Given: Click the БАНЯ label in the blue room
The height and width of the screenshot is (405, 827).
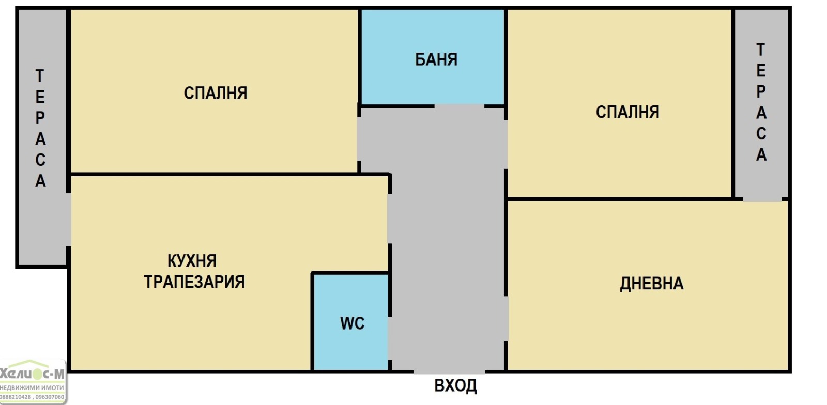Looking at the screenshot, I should click(436, 59).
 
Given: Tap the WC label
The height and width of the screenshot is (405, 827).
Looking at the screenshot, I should click(352, 323).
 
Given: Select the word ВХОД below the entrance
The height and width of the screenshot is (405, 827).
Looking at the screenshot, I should click(455, 386).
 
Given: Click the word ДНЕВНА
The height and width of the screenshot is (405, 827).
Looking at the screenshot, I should click(651, 284).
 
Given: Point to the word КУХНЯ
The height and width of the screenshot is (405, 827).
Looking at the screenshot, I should click(192, 261).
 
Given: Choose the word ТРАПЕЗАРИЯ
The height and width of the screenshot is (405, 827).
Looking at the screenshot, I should click(194, 282).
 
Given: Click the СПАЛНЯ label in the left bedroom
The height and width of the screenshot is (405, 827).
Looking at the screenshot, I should click(216, 93).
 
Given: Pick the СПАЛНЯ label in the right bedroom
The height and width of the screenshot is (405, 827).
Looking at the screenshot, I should click(627, 112).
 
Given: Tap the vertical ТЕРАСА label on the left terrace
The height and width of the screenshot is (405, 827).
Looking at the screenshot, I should click(40, 129).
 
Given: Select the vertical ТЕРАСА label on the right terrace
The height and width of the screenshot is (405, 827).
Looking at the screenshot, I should click(761, 102).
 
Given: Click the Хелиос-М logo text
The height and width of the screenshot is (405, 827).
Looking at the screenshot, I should click(32, 373).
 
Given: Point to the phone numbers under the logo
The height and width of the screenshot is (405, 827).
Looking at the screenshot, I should click(32, 397).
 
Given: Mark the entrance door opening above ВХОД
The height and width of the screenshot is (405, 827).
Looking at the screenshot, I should click(449, 370).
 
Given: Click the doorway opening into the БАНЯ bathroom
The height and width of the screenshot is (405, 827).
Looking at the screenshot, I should click(459, 106).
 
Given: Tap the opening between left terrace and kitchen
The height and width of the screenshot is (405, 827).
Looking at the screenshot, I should click(68, 220).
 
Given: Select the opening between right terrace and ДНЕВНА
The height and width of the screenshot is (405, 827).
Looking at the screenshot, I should click(762, 199).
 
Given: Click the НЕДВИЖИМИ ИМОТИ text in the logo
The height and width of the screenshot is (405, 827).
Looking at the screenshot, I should click(32, 387).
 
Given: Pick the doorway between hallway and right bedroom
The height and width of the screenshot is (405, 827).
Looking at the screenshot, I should click(506, 144).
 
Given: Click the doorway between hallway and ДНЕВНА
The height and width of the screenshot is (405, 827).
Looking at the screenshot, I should click(506, 318).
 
